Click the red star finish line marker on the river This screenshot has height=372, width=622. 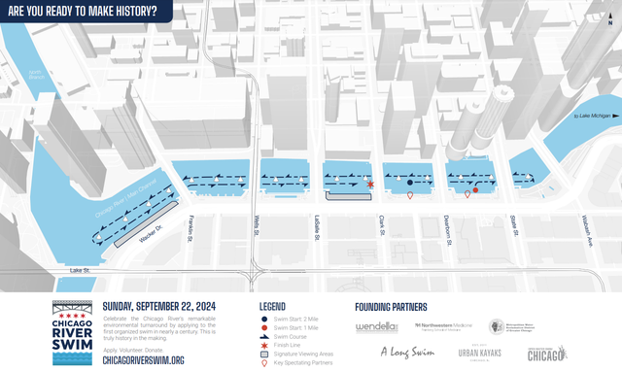pos(370,183)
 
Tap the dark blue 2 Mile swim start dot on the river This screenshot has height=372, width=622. pos(411,183)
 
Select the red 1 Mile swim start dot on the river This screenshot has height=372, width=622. pos(475,189)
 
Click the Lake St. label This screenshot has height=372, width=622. pos(80,269)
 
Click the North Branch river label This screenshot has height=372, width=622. pos(35,74)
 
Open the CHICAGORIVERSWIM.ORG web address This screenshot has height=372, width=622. pos(143,359)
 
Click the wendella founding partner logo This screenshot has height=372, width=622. pos(376,326)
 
